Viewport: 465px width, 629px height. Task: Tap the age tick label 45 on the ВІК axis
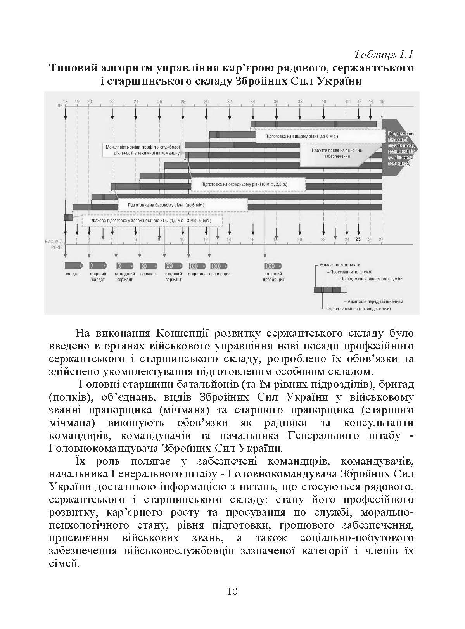pos(382,102)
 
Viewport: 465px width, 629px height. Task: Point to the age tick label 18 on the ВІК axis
pos(65,102)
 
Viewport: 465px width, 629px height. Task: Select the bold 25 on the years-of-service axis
pos(358,240)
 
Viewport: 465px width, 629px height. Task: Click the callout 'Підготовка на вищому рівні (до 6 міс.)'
pos(301,137)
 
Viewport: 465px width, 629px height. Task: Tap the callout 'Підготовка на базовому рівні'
pos(166,205)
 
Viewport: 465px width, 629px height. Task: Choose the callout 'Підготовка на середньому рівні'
pos(244,184)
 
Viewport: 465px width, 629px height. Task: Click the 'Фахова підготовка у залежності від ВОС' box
pos(152,221)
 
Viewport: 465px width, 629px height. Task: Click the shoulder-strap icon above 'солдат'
pos(73,266)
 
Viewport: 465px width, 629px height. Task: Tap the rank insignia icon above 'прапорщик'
pos(219,266)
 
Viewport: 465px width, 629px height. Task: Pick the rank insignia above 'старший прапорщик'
pos(273,266)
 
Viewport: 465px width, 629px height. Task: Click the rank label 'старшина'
pos(197,274)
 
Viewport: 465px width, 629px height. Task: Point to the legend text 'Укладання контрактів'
pos(339,265)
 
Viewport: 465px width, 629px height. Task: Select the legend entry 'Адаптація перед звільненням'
pos(375,301)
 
